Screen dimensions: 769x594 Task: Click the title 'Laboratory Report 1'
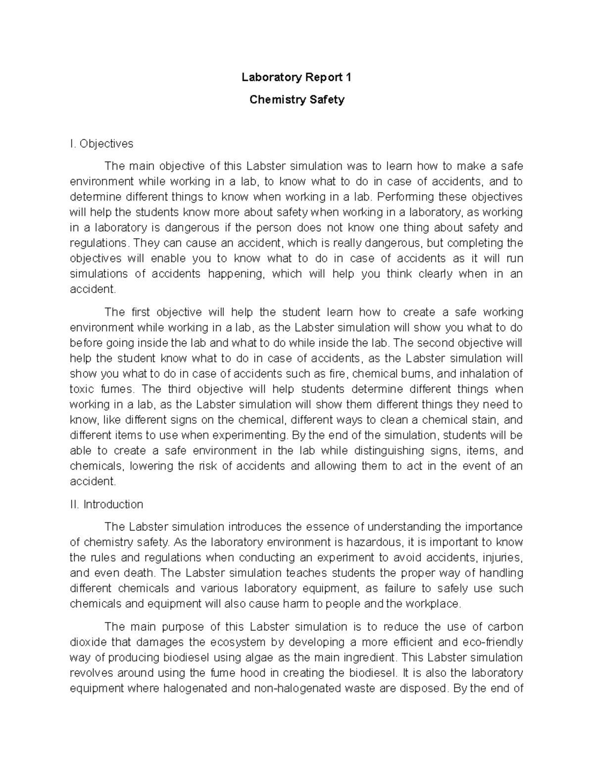297,77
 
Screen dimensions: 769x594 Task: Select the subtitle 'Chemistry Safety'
297,100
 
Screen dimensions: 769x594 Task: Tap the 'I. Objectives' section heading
101,144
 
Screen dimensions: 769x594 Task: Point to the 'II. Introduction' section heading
106,505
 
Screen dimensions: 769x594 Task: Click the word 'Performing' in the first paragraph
401,197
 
